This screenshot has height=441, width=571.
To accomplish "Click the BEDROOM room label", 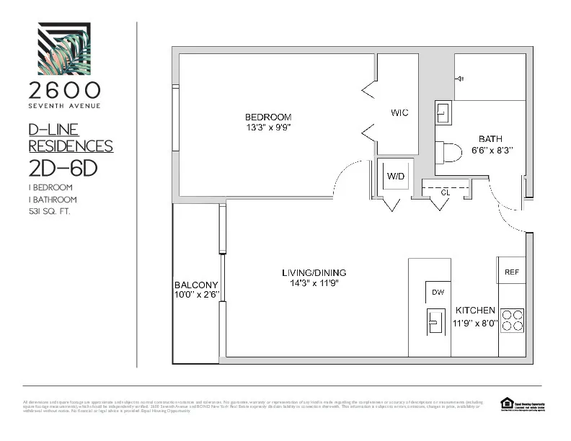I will point(267,117).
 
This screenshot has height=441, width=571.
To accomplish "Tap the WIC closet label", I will point(399,113).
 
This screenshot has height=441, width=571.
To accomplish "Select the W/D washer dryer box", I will point(395,177).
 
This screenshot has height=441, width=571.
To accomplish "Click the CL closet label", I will point(445,192).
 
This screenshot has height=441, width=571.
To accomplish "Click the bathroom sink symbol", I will point(443,113).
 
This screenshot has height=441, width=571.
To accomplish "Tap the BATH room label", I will point(490,139).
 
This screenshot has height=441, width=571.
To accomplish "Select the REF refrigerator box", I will point(511,272).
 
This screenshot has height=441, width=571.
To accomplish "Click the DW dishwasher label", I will point(437,292).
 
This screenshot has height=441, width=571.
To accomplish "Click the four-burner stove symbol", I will point(512,319).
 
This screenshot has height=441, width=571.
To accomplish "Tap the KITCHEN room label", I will point(474,311).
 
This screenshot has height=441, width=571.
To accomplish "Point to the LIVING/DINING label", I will point(314,272).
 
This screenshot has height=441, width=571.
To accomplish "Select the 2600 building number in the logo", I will point(65,90).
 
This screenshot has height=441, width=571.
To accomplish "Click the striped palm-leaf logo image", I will point(65,49).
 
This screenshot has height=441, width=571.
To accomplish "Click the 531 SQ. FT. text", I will point(49,212).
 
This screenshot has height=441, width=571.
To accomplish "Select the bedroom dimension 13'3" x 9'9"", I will point(267,128).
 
